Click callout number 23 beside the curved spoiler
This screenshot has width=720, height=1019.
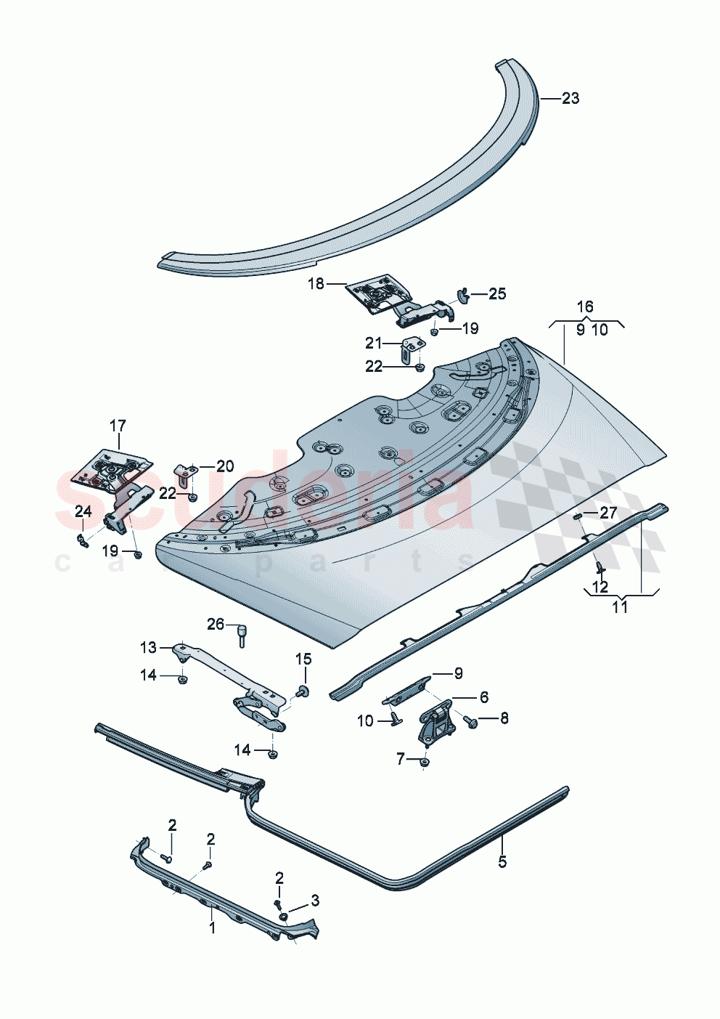pyautogui.click(x=570, y=98)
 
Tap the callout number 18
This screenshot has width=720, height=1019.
pyautogui.click(x=316, y=284)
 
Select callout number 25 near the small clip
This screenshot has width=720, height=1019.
pyautogui.click(x=497, y=294)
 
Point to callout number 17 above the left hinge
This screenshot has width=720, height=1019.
pyautogui.click(x=118, y=425)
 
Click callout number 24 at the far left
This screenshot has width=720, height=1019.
pyautogui.click(x=83, y=512)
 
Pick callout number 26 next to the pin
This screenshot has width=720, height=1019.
pyautogui.click(x=216, y=624)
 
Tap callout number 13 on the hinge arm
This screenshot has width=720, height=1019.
pyautogui.click(x=148, y=646)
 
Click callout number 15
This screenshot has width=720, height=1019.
pyautogui.click(x=303, y=659)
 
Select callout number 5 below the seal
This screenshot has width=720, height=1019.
pyautogui.click(x=502, y=861)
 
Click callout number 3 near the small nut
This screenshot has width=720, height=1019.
pyautogui.click(x=314, y=901)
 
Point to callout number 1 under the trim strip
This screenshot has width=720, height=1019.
pyautogui.click(x=212, y=927)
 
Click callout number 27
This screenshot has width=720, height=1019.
pyautogui.click(x=607, y=513)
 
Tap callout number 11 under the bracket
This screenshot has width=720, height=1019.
pyautogui.click(x=620, y=607)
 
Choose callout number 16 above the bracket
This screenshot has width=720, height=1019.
pyautogui.click(x=585, y=307)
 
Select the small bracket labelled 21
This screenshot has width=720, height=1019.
pyautogui.click(x=411, y=349)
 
